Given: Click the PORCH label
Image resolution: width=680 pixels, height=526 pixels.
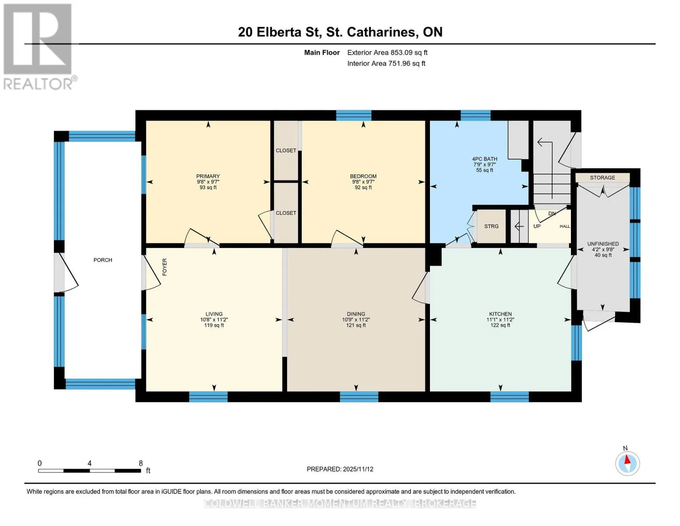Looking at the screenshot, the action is click(x=102, y=260).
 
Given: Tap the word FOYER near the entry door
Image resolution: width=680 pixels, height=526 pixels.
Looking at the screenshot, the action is click(x=165, y=267).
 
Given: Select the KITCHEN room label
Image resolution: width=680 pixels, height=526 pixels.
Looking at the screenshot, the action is click(x=500, y=314).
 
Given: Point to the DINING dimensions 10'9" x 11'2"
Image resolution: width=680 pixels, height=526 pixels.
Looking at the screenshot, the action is click(x=356, y=320).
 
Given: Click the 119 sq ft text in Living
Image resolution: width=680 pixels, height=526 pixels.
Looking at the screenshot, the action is click(x=214, y=325).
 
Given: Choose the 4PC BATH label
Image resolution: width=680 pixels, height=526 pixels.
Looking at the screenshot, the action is click(x=485, y=159).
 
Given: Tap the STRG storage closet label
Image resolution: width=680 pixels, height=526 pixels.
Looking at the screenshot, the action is click(x=491, y=226).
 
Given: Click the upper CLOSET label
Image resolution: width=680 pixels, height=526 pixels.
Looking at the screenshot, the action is click(x=286, y=150).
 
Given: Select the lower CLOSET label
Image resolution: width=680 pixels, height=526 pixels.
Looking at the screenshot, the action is click(x=286, y=213).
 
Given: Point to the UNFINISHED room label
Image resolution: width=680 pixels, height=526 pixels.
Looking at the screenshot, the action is click(x=603, y=244).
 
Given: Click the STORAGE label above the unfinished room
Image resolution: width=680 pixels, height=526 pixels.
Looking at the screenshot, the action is click(x=602, y=178).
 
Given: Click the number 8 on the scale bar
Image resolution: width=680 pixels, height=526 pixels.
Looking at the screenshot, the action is click(x=141, y=463).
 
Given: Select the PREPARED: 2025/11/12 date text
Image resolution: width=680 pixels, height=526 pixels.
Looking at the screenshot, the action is click(x=340, y=469).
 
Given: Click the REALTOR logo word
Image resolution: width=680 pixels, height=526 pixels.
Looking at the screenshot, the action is click(x=38, y=84).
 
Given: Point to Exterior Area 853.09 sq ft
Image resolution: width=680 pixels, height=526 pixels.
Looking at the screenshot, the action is click(x=388, y=53).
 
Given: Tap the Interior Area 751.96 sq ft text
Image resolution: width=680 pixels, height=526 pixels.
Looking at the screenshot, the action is click(x=387, y=64).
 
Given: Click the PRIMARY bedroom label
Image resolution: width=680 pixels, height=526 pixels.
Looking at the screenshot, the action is click(x=208, y=176).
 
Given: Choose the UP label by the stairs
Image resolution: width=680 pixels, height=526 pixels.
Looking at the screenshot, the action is click(x=537, y=226).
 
